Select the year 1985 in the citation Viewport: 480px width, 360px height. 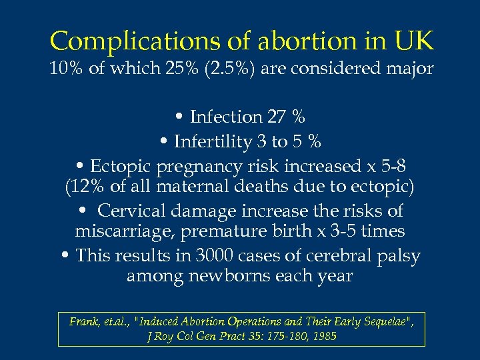tap(324, 337)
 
